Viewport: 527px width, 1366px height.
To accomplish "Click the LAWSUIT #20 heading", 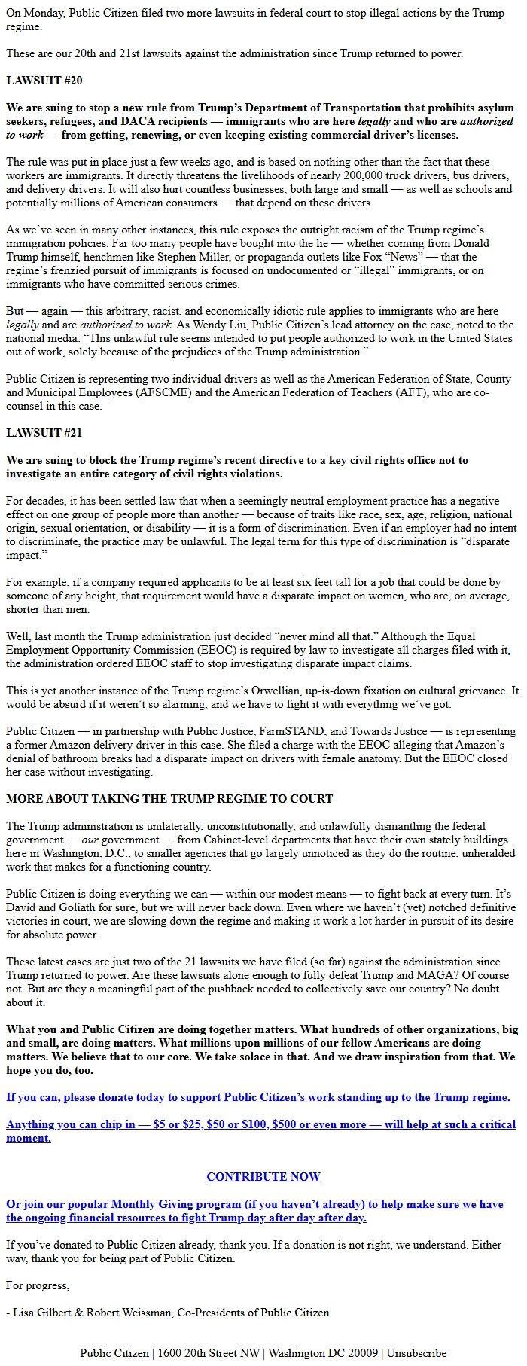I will pos(44,81).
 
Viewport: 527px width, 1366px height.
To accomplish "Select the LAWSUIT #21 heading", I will pos(44,433).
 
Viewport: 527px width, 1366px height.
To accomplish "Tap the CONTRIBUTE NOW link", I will pos(263,1176).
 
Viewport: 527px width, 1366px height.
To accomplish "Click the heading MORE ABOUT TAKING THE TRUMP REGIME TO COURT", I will pos(169,798).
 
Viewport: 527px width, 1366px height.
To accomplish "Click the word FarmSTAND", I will pos(293,731).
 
